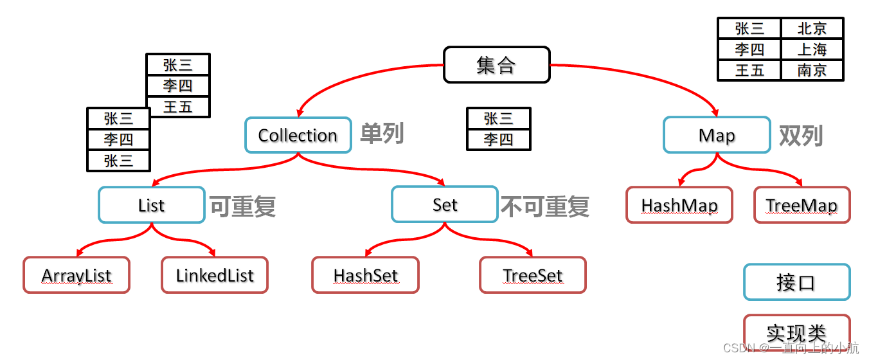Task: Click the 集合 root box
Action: pyautogui.click(x=497, y=64)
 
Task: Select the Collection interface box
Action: pyautogui.click(x=298, y=135)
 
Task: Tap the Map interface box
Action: pyautogui.click(x=717, y=135)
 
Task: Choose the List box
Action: pyautogui.click(x=152, y=205)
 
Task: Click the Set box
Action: pyautogui.click(x=445, y=204)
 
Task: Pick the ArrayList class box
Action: pyautogui.click(x=76, y=275)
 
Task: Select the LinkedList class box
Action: pyautogui.click(x=215, y=275)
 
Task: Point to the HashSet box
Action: pyautogui.click(x=365, y=275)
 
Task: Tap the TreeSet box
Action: pyautogui.click(x=533, y=275)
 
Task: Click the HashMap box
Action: pyautogui.click(x=679, y=205)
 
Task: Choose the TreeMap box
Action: pyautogui.click(x=802, y=205)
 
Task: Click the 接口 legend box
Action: pyautogui.click(x=796, y=282)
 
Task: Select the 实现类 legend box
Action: pyautogui.click(x=796, y=332)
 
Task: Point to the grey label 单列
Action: pyautogui.click(x=382, y=134)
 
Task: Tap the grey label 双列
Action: pyautogui.click(x=801, y=135)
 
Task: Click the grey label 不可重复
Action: pyautogui.click(x=545, y=206)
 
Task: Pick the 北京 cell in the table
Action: pyautogui.click(x=812, y=28)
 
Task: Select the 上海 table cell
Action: pyautogui.click(x=812, y=49)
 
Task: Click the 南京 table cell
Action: pyautogui.click(x=812, y=70)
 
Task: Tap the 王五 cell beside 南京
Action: pyautogui.click(x=749, y=70)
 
